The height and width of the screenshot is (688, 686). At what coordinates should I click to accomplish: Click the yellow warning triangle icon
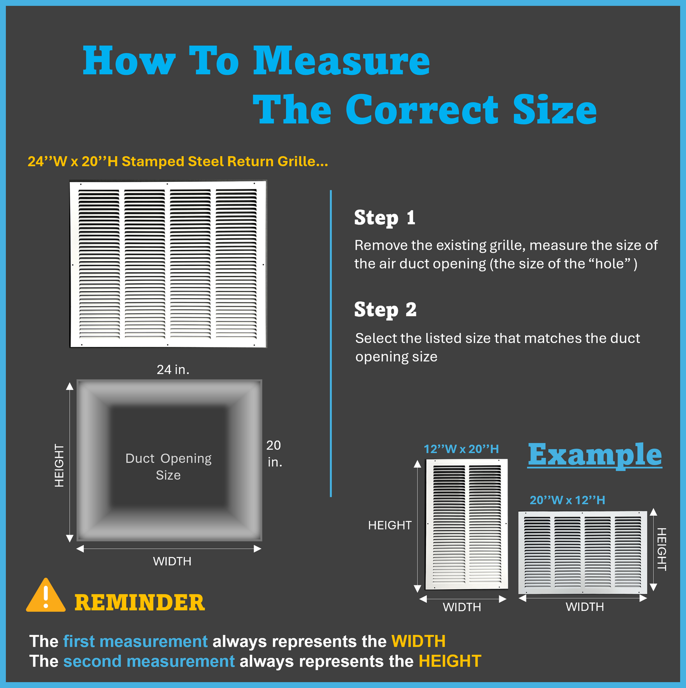click(x=46, y=596)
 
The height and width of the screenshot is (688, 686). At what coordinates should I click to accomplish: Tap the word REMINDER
click(x=140, y=603)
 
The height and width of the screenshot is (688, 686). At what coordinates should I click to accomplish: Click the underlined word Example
click(x=594, y=455)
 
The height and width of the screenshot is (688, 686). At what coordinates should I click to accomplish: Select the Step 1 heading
click(x=385, y=217)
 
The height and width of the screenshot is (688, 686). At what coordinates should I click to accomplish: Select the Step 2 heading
click(x=385, y=309)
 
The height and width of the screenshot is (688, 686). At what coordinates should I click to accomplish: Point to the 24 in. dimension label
click(x=173, y=369)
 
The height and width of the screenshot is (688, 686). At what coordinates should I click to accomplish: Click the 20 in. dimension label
click(x=274, y=453)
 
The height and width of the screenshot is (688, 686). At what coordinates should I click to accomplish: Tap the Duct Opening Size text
click(x=168, y=467)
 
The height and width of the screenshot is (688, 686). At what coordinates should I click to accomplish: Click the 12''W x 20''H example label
click(x=461, y=449)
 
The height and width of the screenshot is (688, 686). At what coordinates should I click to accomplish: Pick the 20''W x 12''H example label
click(x=567, y=500)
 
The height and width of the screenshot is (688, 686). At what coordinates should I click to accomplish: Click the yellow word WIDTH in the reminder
click(x=419, y=641)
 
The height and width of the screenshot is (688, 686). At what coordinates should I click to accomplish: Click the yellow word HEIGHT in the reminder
click(x=450, y=661)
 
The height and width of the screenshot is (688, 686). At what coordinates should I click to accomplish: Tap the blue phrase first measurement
click(x=135, y=641)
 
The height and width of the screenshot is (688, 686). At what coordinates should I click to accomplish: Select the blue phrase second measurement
click(x=149, y=661)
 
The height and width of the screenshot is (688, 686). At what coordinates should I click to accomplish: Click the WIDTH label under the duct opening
click(x=172, y=561)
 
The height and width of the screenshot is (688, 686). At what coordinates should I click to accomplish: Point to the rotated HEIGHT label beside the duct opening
click(x=59, y=466)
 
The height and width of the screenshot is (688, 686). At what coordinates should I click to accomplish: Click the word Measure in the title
click(x=342, y=60)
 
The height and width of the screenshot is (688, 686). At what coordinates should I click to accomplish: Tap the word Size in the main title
click(x=555, y=109)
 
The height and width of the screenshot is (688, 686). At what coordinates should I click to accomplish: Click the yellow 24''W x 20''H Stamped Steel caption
click(x=178, y=161)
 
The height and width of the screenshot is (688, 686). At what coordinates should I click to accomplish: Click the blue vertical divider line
click(x=331, y=343)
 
